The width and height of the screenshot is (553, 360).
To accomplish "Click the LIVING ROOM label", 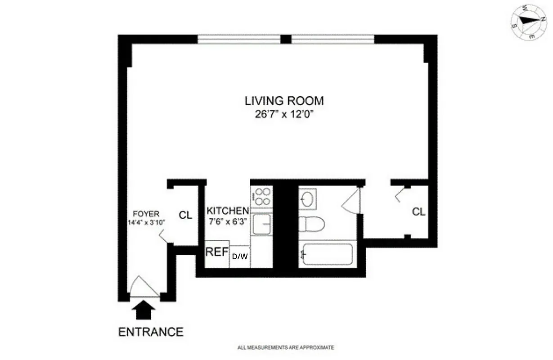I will pyautogui.click(x=284, y=100).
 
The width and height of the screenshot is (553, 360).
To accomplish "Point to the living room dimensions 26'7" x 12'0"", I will pyautogui.click(x=284, y=114).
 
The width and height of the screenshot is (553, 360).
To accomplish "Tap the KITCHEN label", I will pyautogui.click(x=228, y=211).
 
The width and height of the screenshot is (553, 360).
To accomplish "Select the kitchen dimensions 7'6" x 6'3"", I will pyautogui.click(x=228, y=221).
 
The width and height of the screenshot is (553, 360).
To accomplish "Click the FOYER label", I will pyautogui.click(x=146, y=214).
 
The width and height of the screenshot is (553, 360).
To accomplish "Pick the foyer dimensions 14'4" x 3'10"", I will pyautogui.click(x=146, y=222).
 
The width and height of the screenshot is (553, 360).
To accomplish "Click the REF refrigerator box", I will pyautogui.click(x=217, y=252).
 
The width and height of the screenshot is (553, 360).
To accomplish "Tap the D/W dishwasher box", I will pyautogui.click(x=240, y=256).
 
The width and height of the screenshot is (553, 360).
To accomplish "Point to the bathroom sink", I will pyautogui.click(x=308, y=198).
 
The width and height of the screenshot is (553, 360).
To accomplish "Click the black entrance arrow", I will pyautogui.click(x=145, y=310).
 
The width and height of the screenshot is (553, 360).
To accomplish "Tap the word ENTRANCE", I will pyautogui.click(x=151, y=332).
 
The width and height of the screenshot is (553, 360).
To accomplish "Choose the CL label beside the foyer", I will pyautogui.click(x=185, y=215).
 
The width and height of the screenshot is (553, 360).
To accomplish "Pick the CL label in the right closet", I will pyautogui.click(x=418, y=211).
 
